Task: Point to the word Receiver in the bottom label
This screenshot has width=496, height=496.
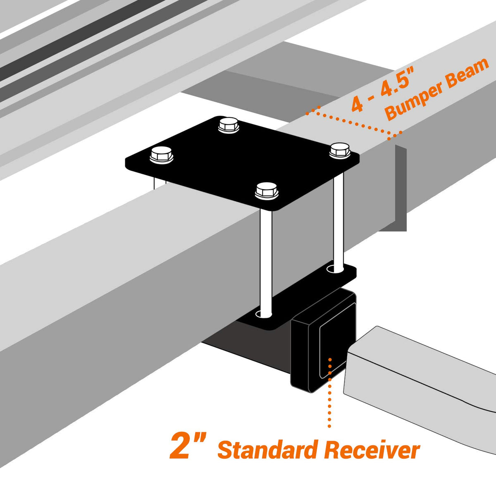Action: tap(372, 450)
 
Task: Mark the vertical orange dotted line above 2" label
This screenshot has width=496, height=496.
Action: tap(329, 397)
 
